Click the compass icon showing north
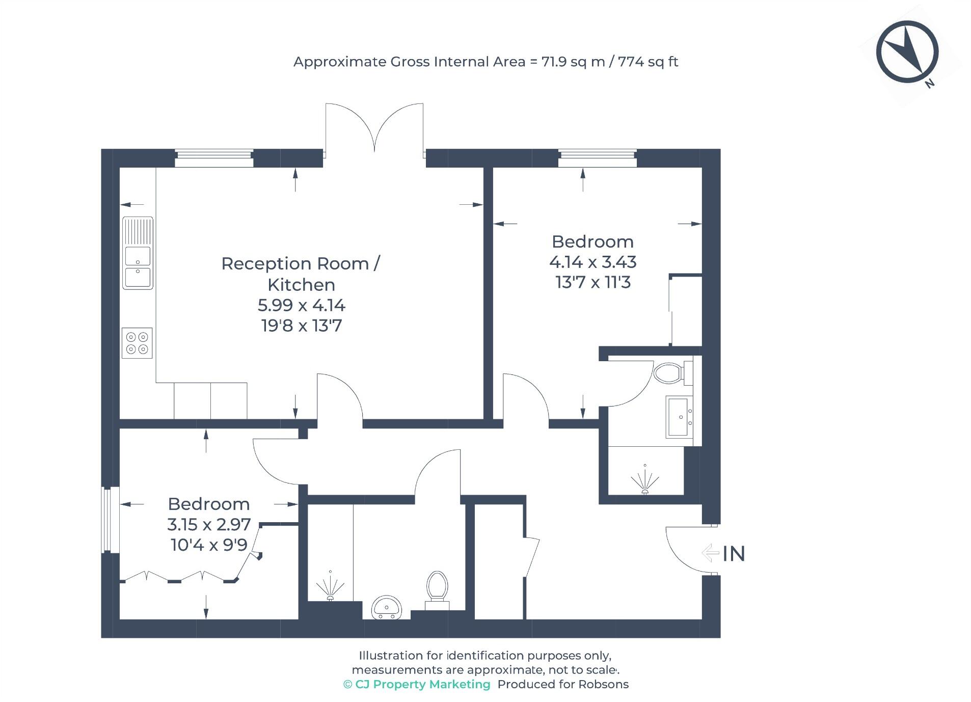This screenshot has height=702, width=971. [x=907, y=52]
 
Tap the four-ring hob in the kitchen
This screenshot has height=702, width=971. [x=137, y=343]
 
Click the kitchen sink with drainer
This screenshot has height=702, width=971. [x=138, y=253]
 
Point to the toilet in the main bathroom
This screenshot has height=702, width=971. [x=437, y=589]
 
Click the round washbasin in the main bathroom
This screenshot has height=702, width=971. [x=387, y=607]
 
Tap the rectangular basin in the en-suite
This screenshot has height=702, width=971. [x=679, y=417]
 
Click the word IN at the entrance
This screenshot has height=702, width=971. [x=734, y=554]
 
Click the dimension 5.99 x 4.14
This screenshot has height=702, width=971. [x=301, y=305]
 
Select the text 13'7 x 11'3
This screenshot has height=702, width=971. [x=593, y=282]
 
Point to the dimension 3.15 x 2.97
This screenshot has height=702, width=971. [x=209, y=524]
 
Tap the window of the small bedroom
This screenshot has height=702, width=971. [x=107, y=520]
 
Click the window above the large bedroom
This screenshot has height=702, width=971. [x=597, y=158]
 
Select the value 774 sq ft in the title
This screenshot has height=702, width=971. [x=648, y=62]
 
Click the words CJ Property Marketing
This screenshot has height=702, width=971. [x=422, y=684]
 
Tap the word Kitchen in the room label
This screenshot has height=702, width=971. [x=301, y=285]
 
